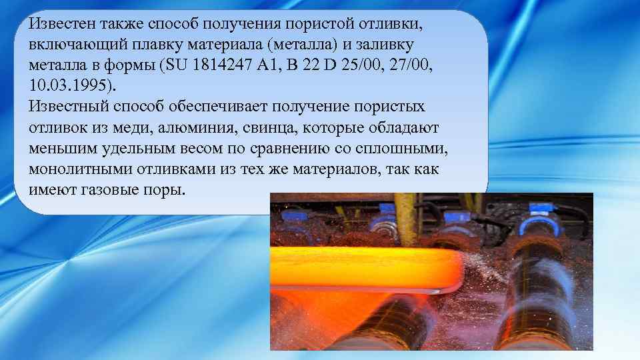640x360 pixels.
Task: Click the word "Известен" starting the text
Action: [63, 25]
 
